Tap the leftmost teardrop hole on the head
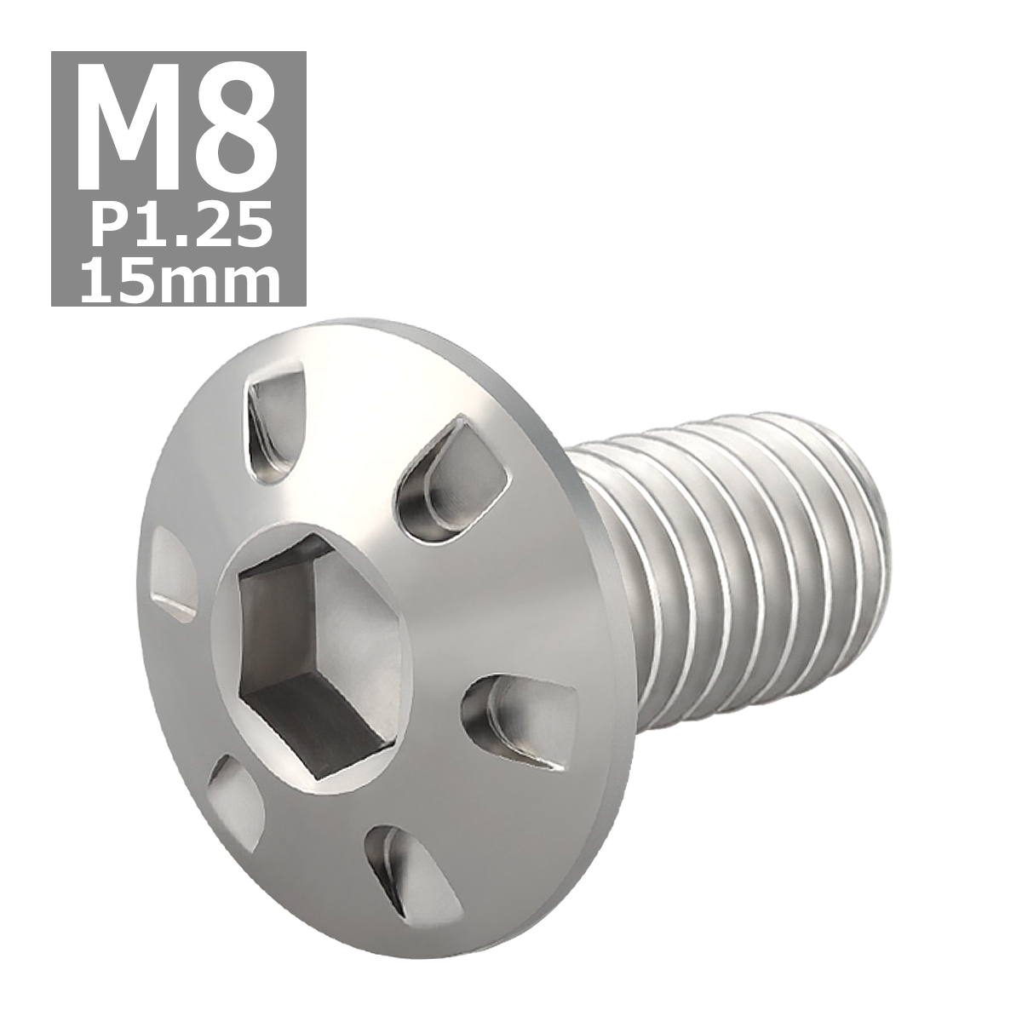[x=175, y=571]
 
